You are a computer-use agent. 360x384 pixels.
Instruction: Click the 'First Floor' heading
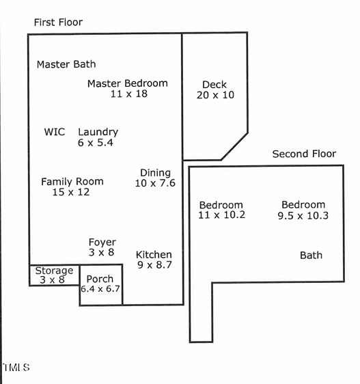click(x=58, y=23)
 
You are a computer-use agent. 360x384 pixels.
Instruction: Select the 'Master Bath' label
click(x=66, y=64)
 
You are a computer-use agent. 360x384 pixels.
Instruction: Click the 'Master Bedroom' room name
click(x=127, y=83)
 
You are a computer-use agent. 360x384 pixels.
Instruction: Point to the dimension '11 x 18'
click(x=128, y=94)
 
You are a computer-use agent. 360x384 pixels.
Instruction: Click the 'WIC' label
click(x=54, y=132)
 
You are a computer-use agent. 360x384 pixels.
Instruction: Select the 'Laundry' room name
click(x=98, y=132)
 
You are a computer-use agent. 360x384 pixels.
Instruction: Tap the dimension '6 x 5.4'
click(x=96, y=143)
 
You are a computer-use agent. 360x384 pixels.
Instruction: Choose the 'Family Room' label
click(x=72, y=181)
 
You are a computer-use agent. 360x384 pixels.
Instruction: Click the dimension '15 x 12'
click(x=71, y=192)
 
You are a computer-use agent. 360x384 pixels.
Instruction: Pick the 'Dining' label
click(x=155, y=172)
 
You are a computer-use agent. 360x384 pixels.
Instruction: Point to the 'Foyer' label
click(x=102, y=242)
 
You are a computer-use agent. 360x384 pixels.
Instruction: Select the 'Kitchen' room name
click(x=154, y=254)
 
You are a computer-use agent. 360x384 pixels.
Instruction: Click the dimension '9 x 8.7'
click(x=154, y=265)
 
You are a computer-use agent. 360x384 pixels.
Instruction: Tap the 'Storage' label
click(x=54, y=271)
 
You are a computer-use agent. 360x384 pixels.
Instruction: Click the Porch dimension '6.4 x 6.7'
click(x=100, y=289)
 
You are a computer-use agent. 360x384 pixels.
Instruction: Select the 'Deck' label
click(x=214, y=85)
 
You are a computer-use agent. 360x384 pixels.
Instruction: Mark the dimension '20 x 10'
click(x=215, y=95)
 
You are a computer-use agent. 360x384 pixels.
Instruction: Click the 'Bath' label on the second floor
click(x=311, y=256)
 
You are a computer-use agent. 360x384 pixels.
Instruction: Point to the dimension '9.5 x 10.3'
click(x=303, y=215)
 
